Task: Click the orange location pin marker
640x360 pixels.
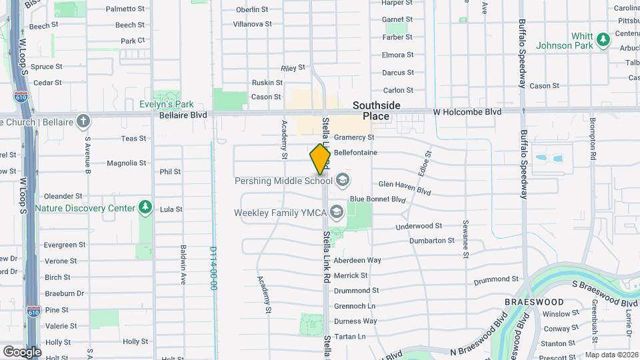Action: (320, 159)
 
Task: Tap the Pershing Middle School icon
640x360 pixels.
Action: (343, 180)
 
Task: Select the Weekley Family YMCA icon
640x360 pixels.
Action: (336, 213)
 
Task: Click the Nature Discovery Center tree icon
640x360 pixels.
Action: (145, 208)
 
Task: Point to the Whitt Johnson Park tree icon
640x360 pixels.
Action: (603, 40)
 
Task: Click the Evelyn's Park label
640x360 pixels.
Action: (167, 104)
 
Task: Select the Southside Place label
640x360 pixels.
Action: (376, 111)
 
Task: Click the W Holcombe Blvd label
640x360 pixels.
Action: (467, 113)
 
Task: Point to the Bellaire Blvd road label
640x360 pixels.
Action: (183, 115)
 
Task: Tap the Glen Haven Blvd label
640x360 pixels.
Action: (405, 187)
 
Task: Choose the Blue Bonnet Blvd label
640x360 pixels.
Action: (377, 199)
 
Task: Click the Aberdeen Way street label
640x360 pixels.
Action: (357, 260)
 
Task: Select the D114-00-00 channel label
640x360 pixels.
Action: (213, 268)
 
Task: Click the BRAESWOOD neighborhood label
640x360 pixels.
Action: (534, 302)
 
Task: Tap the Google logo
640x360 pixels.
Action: (22, 351)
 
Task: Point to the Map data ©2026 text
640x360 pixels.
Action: (611, 355)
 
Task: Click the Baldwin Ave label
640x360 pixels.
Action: (183, 260)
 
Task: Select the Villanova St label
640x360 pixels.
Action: (252, 24)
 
